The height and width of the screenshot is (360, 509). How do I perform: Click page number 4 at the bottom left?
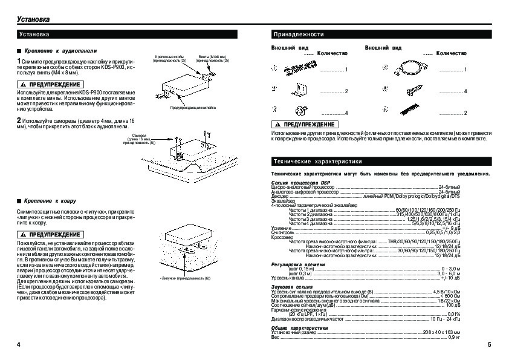[19, 344]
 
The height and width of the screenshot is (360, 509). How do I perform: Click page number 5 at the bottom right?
[488, 344]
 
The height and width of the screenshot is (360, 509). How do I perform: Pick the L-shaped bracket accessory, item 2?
[299, 90]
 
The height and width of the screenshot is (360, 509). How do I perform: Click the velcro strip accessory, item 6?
[408, 110]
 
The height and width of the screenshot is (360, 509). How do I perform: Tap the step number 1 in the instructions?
[19, 62]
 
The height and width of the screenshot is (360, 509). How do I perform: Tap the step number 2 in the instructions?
[19, 120]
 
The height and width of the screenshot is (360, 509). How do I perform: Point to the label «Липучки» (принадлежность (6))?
[185, 278]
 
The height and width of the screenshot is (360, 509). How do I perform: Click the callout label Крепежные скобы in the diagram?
[170, 56]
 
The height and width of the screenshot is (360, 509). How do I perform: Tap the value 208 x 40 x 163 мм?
[441, 333]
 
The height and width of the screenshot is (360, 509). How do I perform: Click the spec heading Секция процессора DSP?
[301, 183]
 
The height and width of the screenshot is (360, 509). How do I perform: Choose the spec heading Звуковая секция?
[293, 287]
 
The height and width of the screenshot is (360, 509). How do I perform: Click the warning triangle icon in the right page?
[279, 123]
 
